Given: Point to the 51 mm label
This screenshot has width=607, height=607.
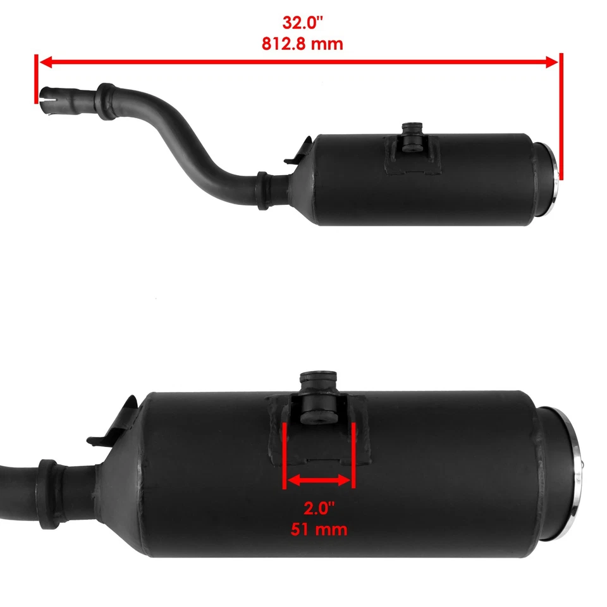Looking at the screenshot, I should (x=319, y=529).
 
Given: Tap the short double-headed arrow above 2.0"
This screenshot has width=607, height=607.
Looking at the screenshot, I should (x=319, y=481).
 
